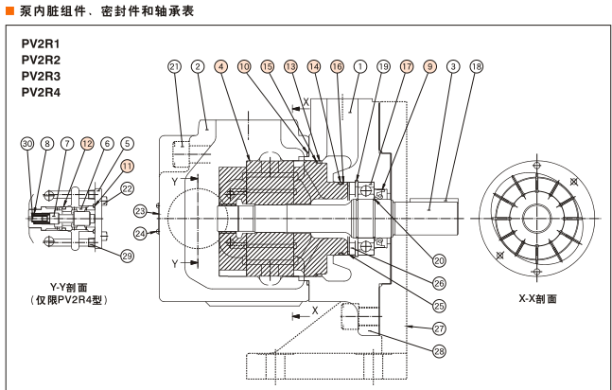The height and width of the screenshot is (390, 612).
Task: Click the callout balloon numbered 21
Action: [174, 67]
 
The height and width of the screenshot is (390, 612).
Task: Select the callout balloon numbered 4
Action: [220, 67]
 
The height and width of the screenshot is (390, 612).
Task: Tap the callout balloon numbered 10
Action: [244, 67]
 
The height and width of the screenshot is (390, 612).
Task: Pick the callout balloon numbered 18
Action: [476, 67]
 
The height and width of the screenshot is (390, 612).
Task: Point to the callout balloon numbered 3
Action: [453, 67]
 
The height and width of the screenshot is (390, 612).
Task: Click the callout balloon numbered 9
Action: [429, 67]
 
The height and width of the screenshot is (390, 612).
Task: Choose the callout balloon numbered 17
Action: [407, 67]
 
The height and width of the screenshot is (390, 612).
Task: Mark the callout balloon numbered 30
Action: [26, 143]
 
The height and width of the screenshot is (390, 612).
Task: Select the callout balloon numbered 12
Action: [87, 143]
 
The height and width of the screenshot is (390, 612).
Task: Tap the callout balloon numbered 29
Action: [127, 256]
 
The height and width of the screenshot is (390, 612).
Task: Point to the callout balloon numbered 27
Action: [439, 329]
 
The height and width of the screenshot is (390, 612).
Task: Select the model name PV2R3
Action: [41, 76]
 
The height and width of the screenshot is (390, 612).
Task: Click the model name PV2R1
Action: [41, 44]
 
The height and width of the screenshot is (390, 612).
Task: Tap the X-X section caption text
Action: [537, 297]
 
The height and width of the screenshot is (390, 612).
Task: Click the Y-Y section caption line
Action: [70, 286]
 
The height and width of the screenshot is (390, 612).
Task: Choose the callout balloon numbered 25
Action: [439, 306]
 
